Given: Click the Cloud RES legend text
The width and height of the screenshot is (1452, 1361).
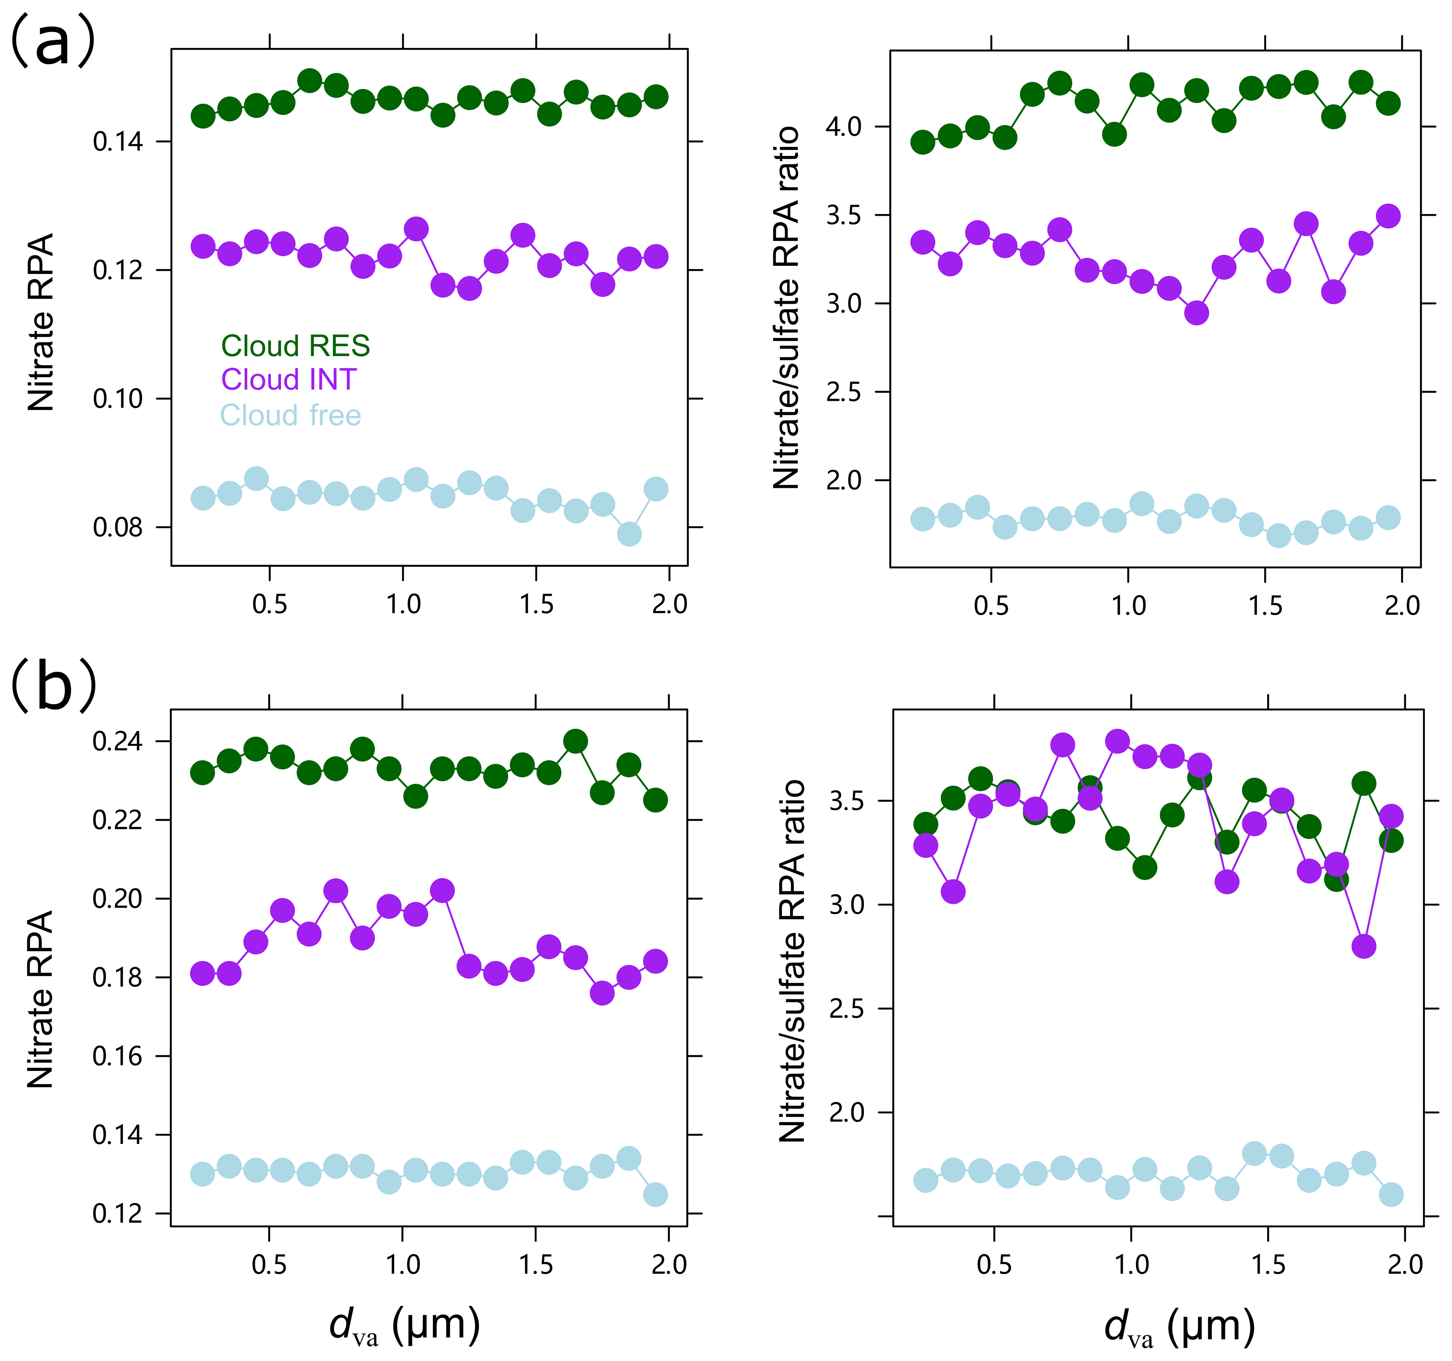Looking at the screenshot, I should [x=295, y=346].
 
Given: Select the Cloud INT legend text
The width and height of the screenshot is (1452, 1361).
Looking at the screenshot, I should [x=289, y=380].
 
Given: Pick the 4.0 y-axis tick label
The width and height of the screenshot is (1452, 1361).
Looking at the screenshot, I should [x=844, y=127].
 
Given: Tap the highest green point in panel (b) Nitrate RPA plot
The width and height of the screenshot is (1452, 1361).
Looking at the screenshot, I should [x=576, y=741].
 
